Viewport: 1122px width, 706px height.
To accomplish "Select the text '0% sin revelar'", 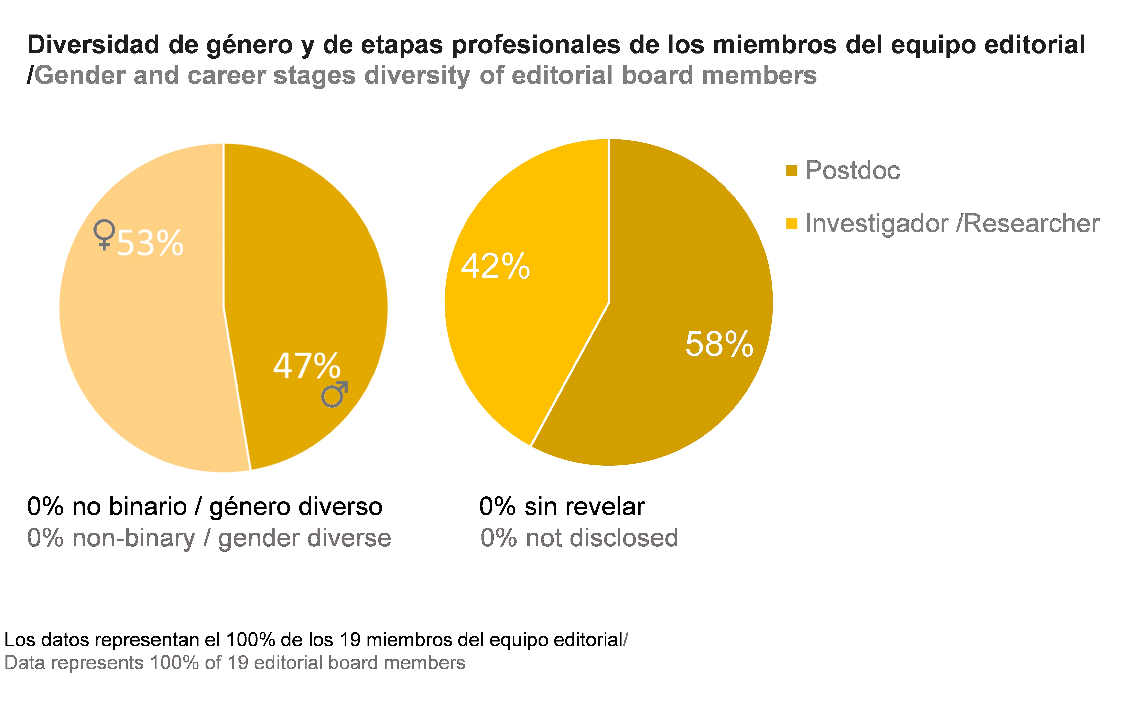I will [561, 507].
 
